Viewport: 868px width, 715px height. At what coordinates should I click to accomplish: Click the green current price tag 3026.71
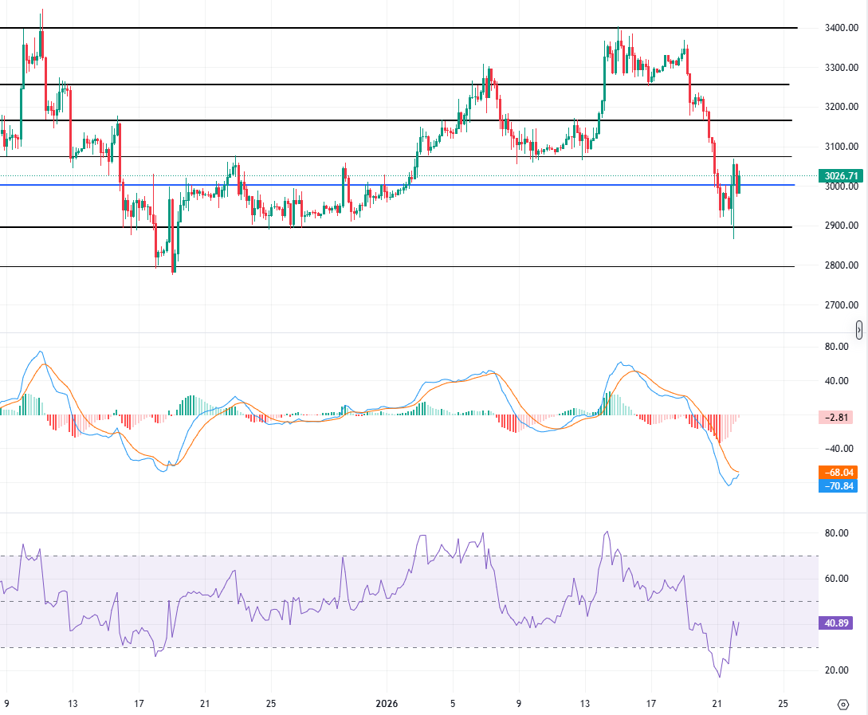point(840,175)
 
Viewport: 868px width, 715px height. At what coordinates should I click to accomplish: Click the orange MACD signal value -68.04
point(840,472)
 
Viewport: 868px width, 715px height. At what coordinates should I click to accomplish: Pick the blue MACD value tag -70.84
point(840,485)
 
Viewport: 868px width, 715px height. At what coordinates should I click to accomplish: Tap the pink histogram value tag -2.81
point(840,417)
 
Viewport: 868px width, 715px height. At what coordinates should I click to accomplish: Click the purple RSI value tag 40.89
point(840,623)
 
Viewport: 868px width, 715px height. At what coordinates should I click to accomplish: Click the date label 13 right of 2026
point(584,704)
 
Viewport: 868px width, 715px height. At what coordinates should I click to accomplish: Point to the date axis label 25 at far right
point(783,704)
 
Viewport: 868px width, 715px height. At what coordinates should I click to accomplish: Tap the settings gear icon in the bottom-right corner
point(843,704)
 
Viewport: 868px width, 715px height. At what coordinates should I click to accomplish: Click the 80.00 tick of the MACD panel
point(836,347)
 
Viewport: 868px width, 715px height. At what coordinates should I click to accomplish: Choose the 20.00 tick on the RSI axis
point(836,670)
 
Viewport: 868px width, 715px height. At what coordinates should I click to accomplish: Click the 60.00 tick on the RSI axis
point(836,579)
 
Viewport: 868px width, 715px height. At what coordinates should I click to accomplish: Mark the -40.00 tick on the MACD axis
point(836,448)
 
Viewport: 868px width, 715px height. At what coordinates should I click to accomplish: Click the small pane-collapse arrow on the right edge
point(859,329)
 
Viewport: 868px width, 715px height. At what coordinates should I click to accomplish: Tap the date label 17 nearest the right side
point(650,704)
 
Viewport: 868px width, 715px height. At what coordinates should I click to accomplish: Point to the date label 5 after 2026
point(452,704)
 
